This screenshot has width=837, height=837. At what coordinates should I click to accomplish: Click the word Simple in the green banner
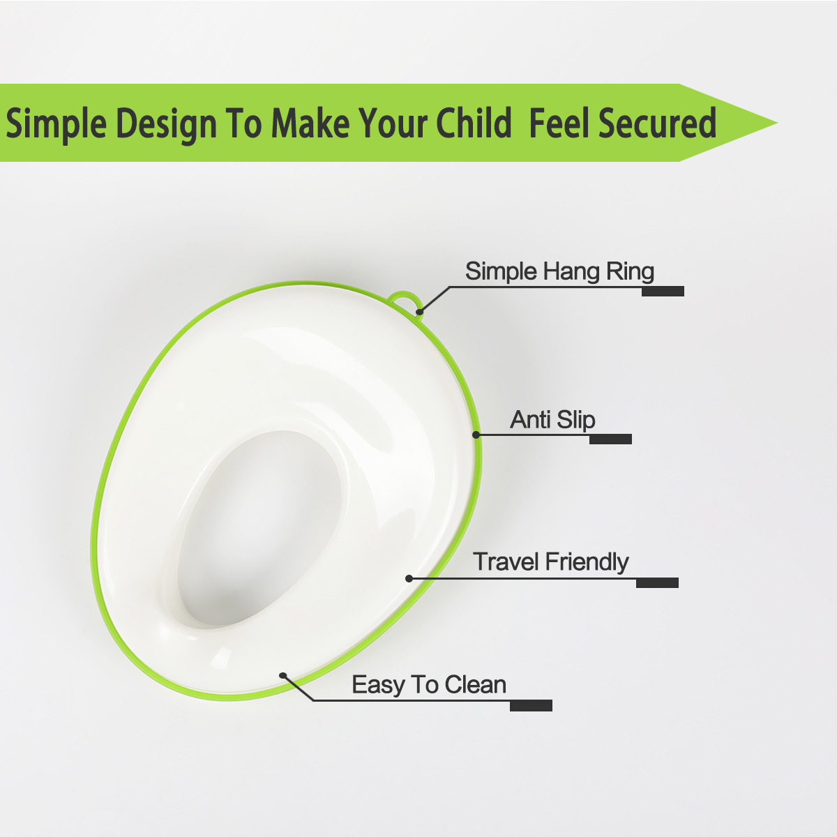(x=56, y=123)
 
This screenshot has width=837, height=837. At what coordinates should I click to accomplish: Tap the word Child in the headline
(x=474, y=123)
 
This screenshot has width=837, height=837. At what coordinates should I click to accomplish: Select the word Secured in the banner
(x=658, y=123)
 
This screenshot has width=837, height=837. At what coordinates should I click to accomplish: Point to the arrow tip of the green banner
(x=777, y=123)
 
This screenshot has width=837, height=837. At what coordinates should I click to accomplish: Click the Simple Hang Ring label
(x=559, y=271)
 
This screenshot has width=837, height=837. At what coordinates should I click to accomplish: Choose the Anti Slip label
(x=552, y=420)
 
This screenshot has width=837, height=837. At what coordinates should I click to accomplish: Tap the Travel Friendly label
(x=551, y=561)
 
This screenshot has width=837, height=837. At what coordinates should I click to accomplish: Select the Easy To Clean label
(x=429, y=684)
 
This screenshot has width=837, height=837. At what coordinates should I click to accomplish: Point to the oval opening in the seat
(x=259, y=529)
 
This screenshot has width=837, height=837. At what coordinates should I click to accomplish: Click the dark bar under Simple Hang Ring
(x=663, y=291)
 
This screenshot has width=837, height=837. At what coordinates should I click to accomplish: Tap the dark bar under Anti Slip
(x=610, y=439)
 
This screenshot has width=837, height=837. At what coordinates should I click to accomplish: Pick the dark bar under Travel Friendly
(x=657, y=582)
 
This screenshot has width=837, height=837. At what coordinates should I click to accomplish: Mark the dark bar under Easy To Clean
(x=531, y=705)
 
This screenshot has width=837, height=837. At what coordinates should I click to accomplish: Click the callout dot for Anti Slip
(x=476, y=435)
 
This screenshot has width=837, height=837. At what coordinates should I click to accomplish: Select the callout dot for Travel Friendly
(x=409, y=578)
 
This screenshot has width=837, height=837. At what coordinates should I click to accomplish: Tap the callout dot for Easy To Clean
(x=282, y=675)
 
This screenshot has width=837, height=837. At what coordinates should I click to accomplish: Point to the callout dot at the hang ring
(x=420, y=311)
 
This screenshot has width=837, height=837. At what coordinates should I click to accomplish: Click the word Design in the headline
(x=167, y=123)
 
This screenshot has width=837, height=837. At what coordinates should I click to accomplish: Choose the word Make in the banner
(x=310, y=123)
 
